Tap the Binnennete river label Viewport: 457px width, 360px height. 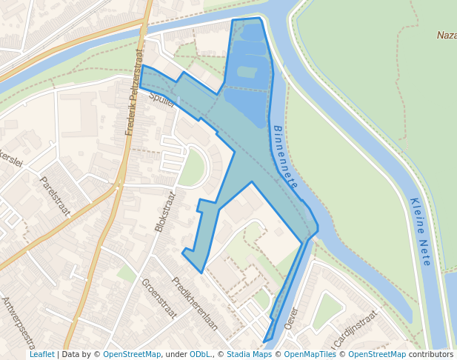point(285,156)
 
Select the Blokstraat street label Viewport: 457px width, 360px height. point(165,212)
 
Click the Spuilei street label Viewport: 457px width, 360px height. point(161,100)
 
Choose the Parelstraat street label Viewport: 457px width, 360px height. point(55,196)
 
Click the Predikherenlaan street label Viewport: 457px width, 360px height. point(195,303)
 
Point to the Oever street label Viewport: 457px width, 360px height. point(290,319)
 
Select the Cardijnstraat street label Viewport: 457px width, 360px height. point(356,327)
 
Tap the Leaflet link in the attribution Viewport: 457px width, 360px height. point(41,355)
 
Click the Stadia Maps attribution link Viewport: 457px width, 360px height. point(249,355)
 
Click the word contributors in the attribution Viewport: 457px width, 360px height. point(431,355)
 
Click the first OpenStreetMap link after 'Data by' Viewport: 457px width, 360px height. point(132,355)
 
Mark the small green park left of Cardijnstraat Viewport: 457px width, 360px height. point(327,312)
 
